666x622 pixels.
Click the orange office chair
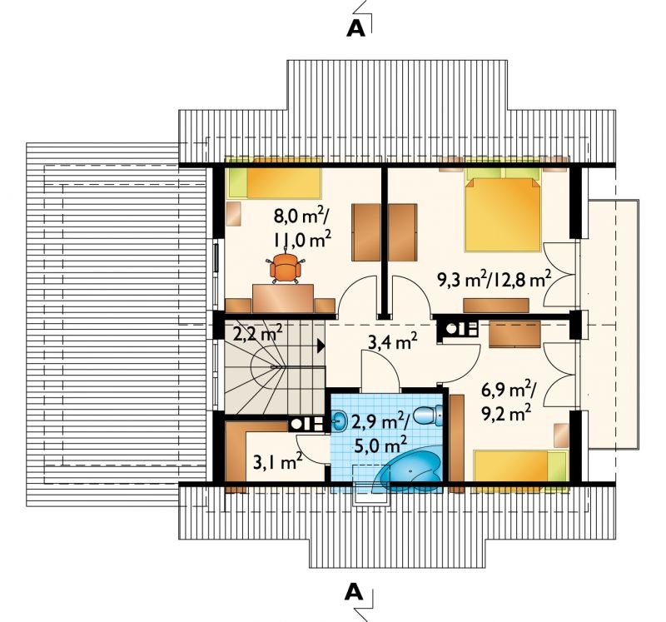click(x=284, y=267)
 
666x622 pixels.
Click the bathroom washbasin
click(x=340, y=420)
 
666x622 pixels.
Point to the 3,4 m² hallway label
click(x=392, y=341)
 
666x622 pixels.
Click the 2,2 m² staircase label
click(x=258, y=333)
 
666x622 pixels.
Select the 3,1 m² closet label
click(x=277, y=461)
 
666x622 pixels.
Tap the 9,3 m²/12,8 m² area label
click(x=494, y=280)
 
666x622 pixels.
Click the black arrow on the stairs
click(x=321, y=346)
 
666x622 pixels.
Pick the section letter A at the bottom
click(x=354, y=592)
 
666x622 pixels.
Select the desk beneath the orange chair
click(x=283, y=299)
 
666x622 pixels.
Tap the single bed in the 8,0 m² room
click(x=273, y=183)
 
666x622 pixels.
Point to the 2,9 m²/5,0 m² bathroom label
click(x=380, y=435)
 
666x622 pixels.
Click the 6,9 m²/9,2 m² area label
click(x=509, y=401)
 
